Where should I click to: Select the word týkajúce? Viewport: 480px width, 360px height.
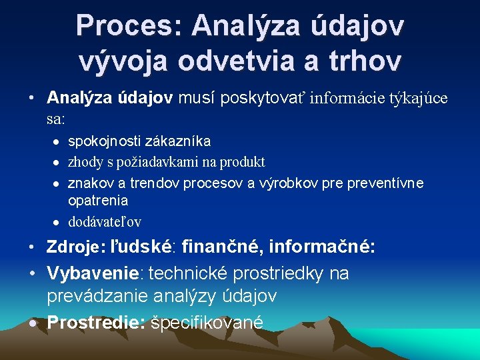pos(419,99)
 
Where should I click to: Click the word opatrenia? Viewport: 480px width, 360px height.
pos(98,201)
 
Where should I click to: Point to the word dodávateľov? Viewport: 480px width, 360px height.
pos(105,222)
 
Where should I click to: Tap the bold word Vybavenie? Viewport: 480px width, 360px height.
pos(95,273)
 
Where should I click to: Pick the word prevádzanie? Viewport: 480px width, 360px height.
pos(103,294)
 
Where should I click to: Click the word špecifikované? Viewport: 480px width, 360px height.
pos(207,323)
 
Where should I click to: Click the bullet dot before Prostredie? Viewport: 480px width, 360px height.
pos(32,323)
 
